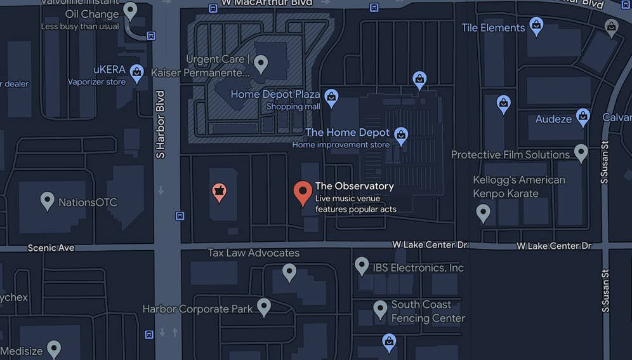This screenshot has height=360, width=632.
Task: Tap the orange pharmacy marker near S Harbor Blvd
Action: tap(219, 192)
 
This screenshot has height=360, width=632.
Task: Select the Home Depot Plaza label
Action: tap(275, 95)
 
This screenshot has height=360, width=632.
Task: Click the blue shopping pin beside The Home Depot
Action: tap(400, 135)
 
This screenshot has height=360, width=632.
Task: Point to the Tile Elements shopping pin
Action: tap(536, 27)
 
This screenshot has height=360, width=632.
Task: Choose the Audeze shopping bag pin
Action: tap(583, 117)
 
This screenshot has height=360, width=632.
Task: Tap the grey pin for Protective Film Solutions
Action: tap(581, 153)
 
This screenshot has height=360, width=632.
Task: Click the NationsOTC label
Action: tap(88, 203)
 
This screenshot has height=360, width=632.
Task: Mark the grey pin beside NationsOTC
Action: tap(47, 201)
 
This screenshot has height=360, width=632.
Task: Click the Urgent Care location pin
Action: tap(260, 63)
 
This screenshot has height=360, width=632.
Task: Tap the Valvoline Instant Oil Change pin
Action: tap(130, 11)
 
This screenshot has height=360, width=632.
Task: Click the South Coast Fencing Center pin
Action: tap(380, 310)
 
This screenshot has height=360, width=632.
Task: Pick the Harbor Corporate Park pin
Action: tap(263, 307)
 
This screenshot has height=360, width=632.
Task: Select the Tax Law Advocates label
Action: tap(254, 253)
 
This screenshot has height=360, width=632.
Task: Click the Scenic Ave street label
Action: tap(51, 248)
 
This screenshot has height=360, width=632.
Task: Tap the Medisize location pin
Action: tap(54, 349)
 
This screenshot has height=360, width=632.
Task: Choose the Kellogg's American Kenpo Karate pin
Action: tap(483, 213)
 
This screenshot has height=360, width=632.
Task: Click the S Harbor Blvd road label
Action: tap(161, 124)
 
